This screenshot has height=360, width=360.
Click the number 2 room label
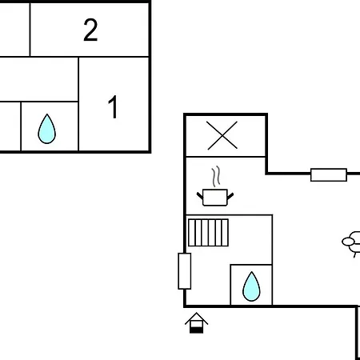pos(90,30)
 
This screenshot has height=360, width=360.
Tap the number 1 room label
pos(114,106)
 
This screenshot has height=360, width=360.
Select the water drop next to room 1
pos(47,129)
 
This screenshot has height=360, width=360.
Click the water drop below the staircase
pos(251,286)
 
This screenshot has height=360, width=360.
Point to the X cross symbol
pos(222,135)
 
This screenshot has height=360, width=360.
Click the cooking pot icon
pos(215,198)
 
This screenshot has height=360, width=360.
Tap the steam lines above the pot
pos(216,176)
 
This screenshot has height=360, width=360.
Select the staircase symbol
pos(208,233)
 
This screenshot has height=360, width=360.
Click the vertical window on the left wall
pos(185,271)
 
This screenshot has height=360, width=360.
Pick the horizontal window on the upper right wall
pos(329,175)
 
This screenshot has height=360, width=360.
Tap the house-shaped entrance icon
pos(196,322)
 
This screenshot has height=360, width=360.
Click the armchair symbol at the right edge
pos(351,244)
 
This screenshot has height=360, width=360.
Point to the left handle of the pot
pos(200,196)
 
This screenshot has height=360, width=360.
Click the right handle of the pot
pos(230,196)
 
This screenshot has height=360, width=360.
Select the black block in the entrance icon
pos(197,330)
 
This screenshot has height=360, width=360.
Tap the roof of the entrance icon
pos(196,318)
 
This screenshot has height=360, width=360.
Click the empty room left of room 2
pos(14,30)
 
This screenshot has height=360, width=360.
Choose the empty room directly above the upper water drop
pos(39,79)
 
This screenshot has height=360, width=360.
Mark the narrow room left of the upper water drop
pos(10,126)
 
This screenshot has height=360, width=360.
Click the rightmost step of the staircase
pos(225,233)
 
